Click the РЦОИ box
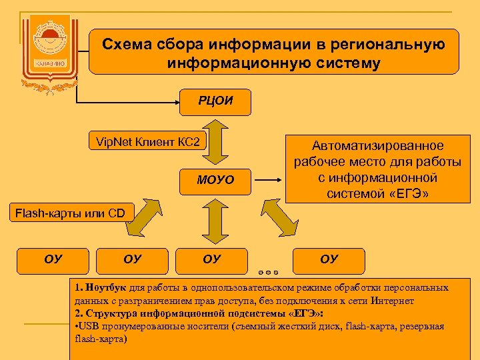(215, 102)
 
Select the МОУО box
(215, 181)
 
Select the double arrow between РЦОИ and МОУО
(215, 141)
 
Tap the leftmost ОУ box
(53, 259)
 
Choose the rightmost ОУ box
(329, 259)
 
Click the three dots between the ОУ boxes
(267, 272)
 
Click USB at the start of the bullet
(89, 326)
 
